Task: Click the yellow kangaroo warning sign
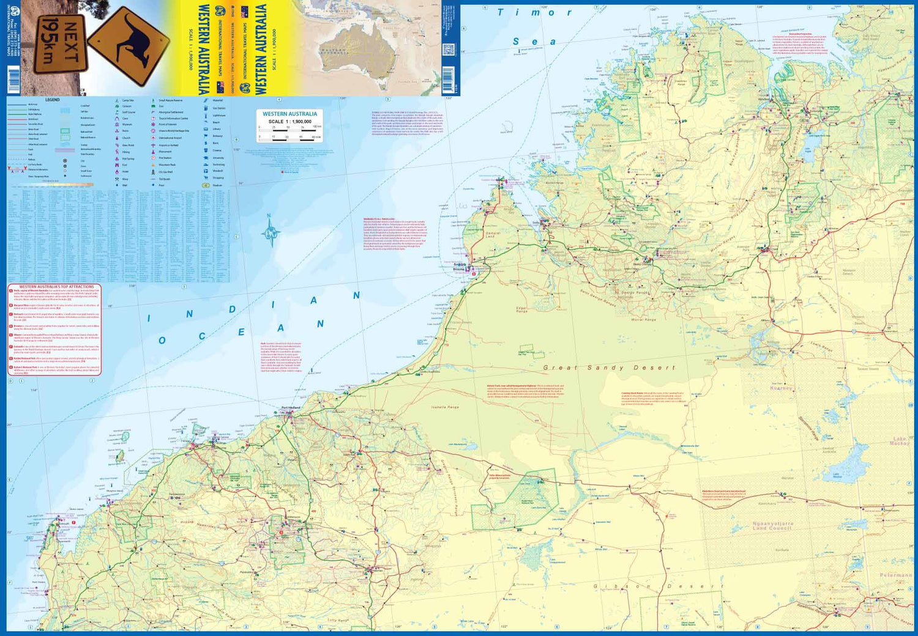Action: (x=129, y=45)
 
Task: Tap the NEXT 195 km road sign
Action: (x=60, y=45)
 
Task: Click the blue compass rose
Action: (x=270, y=232)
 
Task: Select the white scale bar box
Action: (x=289, y=126)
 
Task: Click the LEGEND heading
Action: (x=53, y=100)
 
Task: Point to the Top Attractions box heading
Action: (x=56, y=286)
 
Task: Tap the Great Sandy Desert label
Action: (x=609, y=368)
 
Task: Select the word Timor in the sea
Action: (x=534, y=12)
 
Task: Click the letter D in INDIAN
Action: (x=233, y=309)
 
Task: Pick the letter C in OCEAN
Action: (x=202, y=336)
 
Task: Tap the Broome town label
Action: (x=458, y=269)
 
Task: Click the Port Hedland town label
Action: (x=291, y=408)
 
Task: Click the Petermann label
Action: (x=895, y=575)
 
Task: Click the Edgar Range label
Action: (x=521, y=310)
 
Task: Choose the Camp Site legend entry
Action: (x=127, y=100)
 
